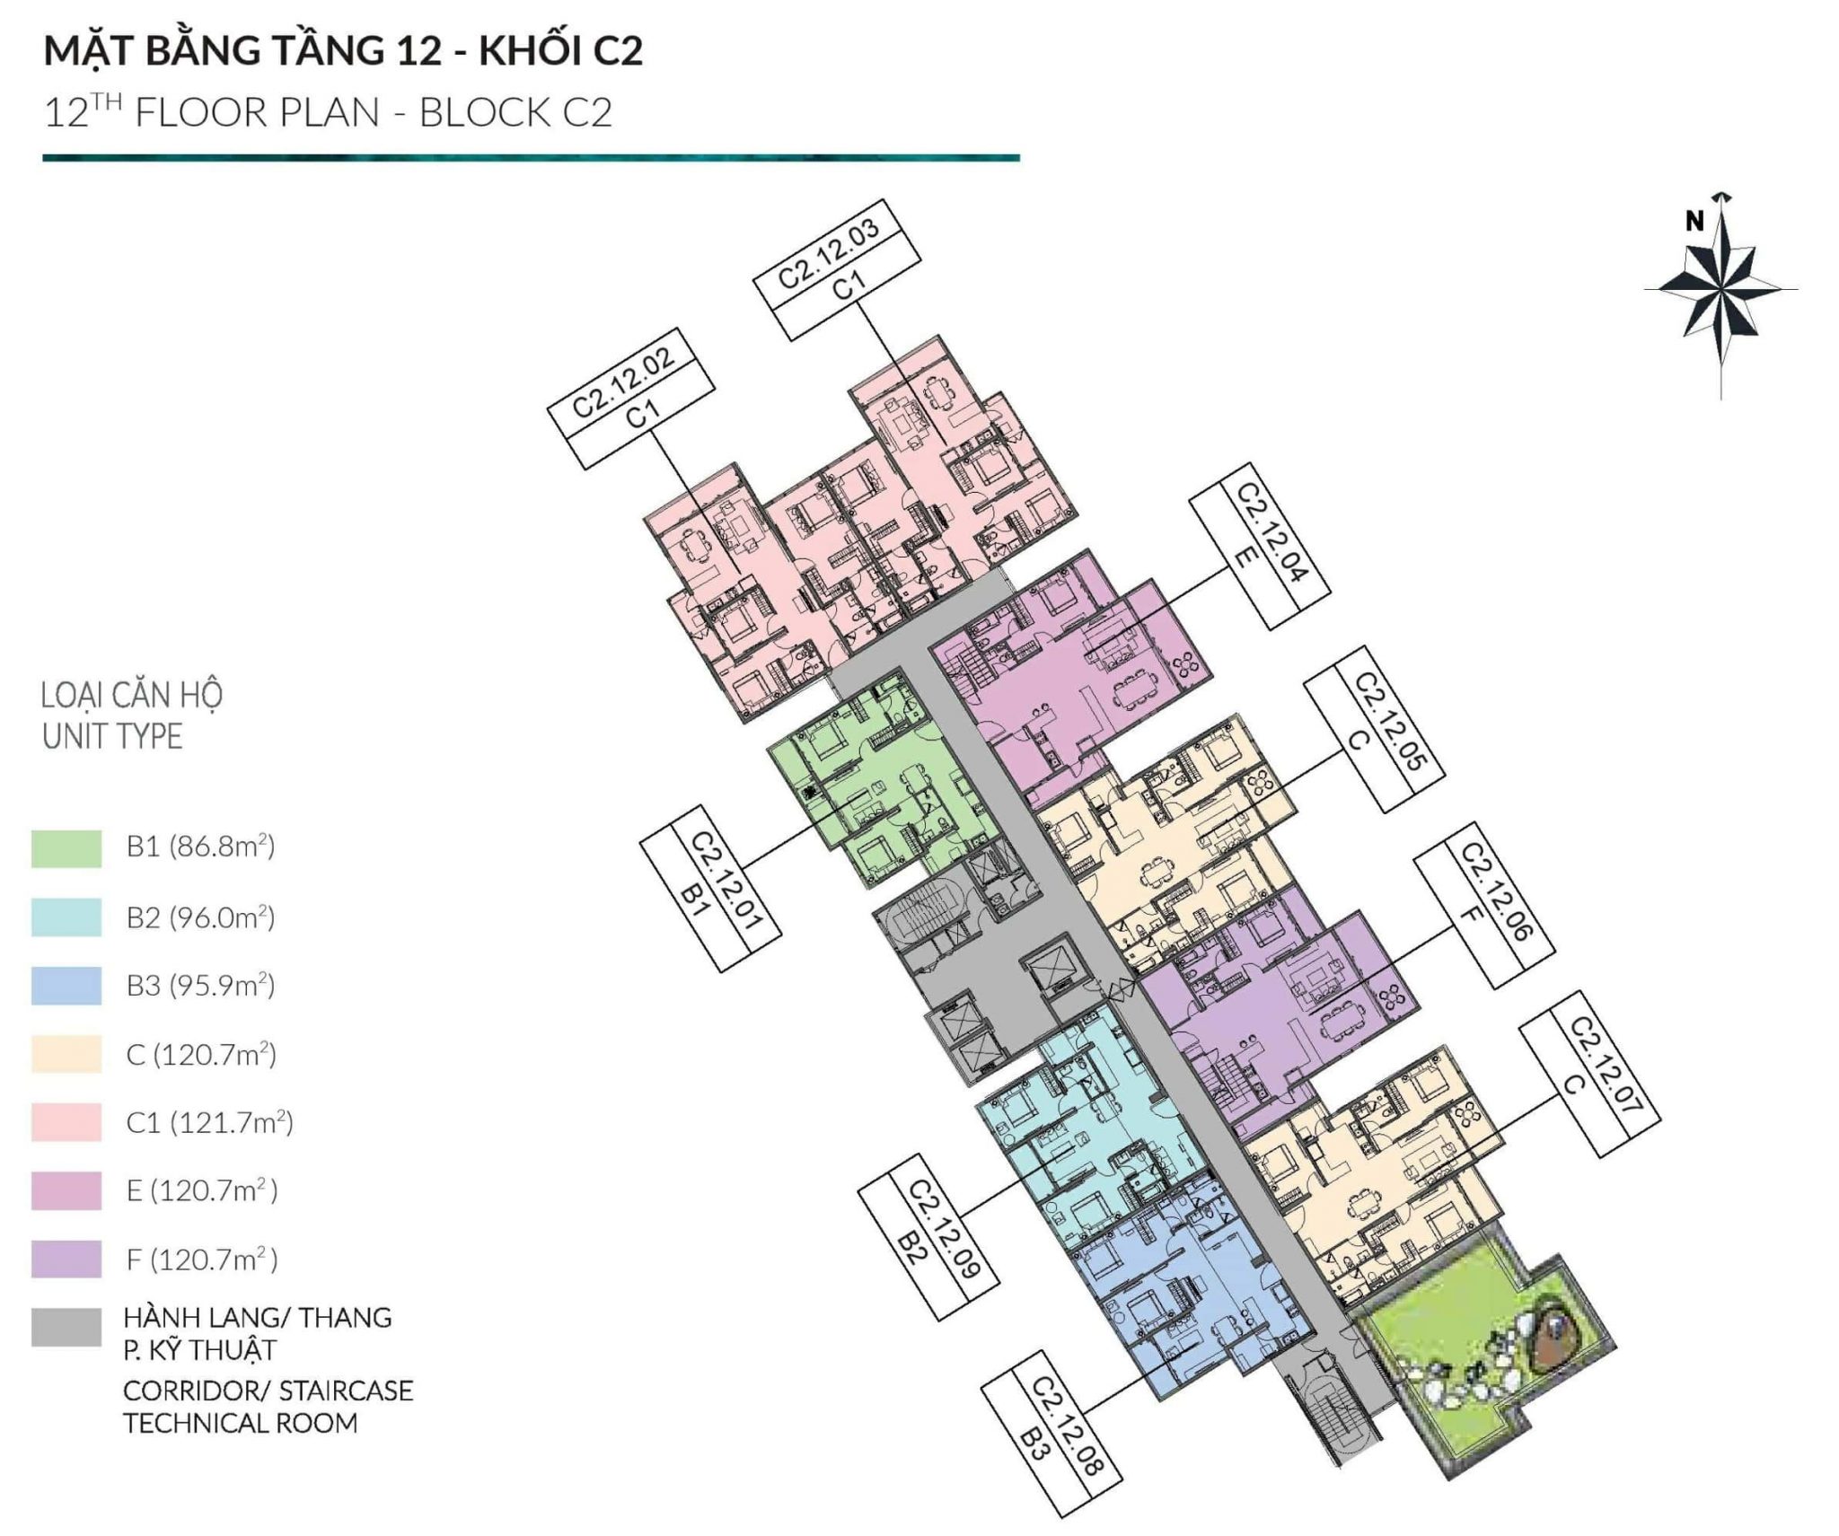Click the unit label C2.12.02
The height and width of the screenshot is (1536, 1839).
click(631, 398)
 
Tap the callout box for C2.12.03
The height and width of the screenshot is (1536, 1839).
click(838, 269)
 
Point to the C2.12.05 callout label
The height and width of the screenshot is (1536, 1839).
click(1374, 729)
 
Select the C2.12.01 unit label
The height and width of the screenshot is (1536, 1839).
click(710, 888)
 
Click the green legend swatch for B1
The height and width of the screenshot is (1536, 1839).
click(66, 848)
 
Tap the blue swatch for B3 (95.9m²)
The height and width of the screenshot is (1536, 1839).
click(66, 986)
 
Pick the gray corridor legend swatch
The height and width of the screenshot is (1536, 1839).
click(66, 1328)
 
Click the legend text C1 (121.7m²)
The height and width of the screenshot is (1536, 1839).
click(210, 1122)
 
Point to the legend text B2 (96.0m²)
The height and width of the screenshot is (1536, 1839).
click(200, 917)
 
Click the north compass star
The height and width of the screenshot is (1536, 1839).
click(1721, 290)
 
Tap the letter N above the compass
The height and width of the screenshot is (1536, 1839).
click(1694, 221)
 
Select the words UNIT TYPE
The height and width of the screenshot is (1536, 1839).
click(112, 737)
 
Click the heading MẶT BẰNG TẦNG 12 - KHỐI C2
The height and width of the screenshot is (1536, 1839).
click(343, 51)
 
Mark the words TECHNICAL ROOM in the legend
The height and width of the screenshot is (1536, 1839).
click(241, 1424)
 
